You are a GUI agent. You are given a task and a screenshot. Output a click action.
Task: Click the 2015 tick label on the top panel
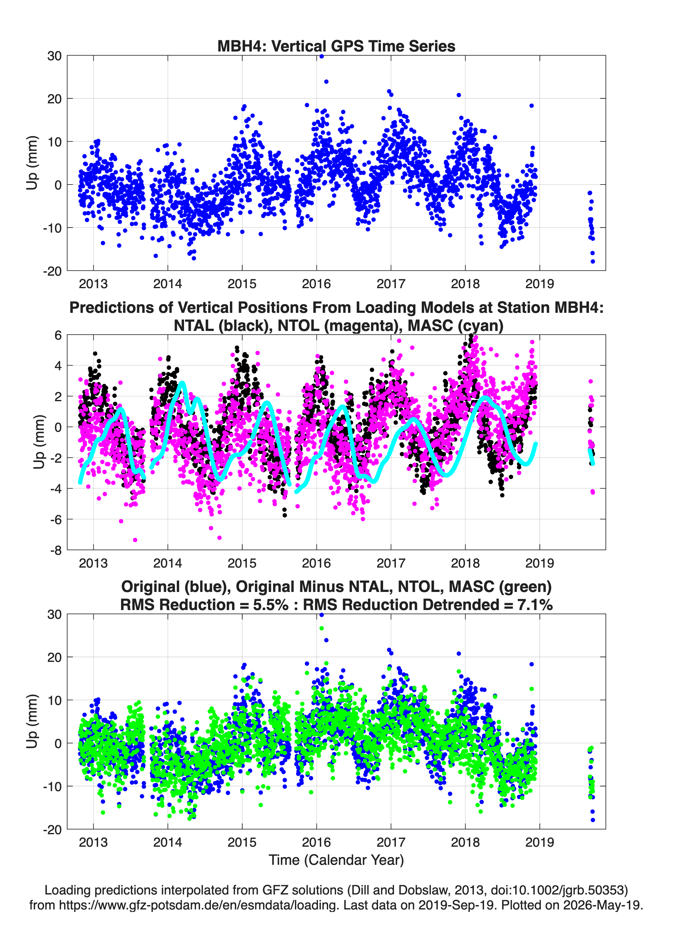pyautogui.click(x=242, y=284)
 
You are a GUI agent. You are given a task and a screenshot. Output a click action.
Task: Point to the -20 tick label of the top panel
pyautogui.click(x=52, y=271)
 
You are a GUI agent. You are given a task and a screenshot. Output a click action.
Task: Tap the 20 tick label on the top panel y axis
pyautogui.click(x=55, y=99)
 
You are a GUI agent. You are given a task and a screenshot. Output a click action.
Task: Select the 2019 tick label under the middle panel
pyautogui.click(x=540, y=563)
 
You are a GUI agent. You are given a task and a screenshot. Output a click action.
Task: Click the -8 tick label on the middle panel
pyautogui.click(x=56, y=550)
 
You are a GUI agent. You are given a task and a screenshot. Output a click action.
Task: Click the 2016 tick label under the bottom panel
pyautogui.click(x=317, y=842)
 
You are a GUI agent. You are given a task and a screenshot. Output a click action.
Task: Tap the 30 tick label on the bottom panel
pyautogui.click(x=55, y=614)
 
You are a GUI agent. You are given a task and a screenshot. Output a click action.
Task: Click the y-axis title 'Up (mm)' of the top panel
pyautogui.click(x=32, y=163)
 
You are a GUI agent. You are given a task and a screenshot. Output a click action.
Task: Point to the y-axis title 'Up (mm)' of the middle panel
pyautogui.click(x=39, y=442)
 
